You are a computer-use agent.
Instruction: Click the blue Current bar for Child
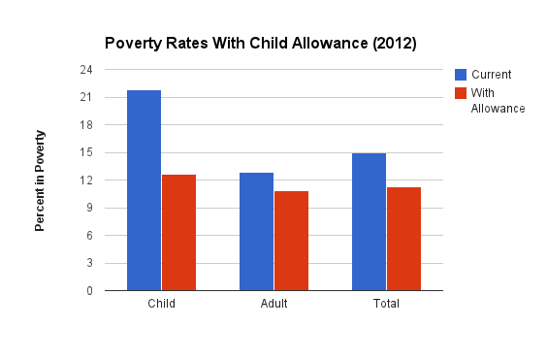(145, 190)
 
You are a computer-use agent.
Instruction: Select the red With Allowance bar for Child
(178, 233)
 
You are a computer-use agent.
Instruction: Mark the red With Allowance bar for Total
(403, 239)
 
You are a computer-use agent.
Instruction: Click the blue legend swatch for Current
(461, 74)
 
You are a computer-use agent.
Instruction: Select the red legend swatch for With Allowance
(461, 93)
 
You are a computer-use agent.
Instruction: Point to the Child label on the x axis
(161, 304)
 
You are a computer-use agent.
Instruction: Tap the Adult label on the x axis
(273, 304)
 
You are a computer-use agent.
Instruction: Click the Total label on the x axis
(386, 304)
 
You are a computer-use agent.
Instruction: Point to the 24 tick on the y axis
(85, 70)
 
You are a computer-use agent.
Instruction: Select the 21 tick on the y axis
(85, 97)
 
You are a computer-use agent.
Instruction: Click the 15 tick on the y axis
(85, 152)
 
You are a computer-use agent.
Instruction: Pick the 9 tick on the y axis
(88, 208)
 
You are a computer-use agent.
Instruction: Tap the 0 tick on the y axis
(88, 290)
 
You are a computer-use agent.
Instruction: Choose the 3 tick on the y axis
(88, 263)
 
